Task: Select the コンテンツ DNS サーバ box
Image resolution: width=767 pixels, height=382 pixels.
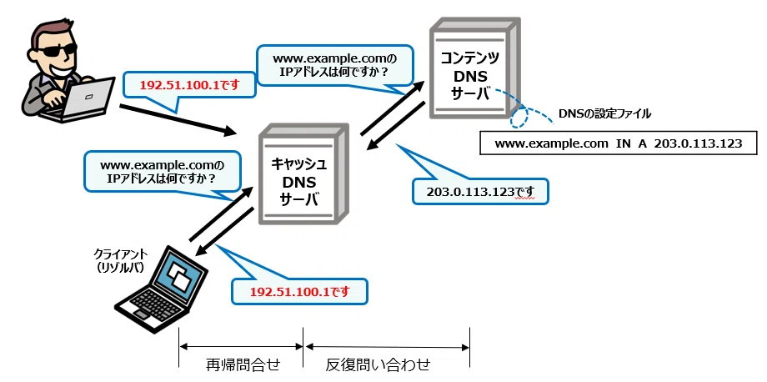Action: pos(474,68)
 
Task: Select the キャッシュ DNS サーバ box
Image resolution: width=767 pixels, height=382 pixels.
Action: pos(303,173)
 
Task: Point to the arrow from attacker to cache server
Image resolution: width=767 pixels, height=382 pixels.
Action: pos(178,119)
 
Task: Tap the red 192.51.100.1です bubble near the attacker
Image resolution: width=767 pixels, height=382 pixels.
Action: pos(189,86)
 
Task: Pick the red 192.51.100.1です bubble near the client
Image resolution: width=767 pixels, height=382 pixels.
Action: pos(298,292)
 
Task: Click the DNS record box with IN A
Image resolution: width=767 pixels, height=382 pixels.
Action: pos(619,143)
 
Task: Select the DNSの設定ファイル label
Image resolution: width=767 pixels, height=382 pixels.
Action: pos(604,114)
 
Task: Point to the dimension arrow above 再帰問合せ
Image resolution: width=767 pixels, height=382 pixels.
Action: pos(242,347)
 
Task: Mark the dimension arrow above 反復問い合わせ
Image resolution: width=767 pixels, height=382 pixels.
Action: pos(387,347)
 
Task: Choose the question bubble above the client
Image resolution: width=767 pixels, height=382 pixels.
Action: pos(163,171)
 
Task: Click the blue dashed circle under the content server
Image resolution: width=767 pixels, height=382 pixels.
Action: pos(519,118)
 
